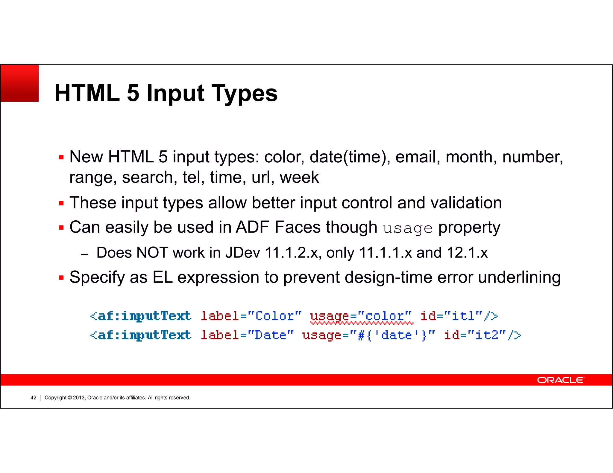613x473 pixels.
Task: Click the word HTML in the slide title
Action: (87, 93)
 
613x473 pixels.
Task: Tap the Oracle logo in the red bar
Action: (560, 380)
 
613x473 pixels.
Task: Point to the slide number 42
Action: (33, 398)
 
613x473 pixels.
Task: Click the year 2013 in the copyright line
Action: (79, 398)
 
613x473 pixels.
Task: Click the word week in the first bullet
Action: (299, 177)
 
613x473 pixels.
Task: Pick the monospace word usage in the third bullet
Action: (408, 228)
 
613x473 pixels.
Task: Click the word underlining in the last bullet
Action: (519, 277)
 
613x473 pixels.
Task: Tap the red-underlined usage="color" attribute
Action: (361, 316)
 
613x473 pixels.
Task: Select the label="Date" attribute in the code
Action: (247, 335)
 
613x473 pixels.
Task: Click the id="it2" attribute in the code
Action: (475, 335)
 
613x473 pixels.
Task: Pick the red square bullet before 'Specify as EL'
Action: (62, 278)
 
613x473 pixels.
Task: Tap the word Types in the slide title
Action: (244, 93)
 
